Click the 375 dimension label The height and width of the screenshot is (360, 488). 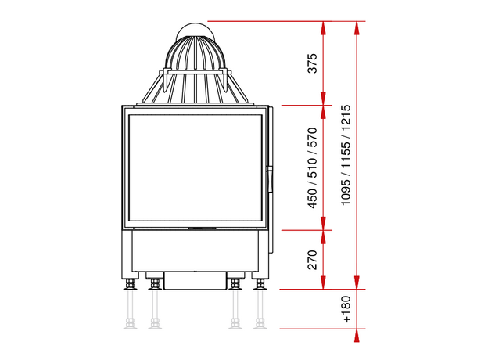[x=312, y=63]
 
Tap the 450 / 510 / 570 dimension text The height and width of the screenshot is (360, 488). [x=312, y=167]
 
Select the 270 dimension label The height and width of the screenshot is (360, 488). [x=312, y=260]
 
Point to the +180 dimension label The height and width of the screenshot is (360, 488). [x=346, y=309]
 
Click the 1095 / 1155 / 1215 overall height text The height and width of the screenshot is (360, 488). [x=346, y=155]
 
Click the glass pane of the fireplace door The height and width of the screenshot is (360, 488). [x=196, y=167]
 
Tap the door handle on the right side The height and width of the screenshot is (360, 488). [x=270, y=180]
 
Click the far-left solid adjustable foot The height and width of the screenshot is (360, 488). [x=130, y=284]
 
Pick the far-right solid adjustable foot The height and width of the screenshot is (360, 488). [x=260, y=284]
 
